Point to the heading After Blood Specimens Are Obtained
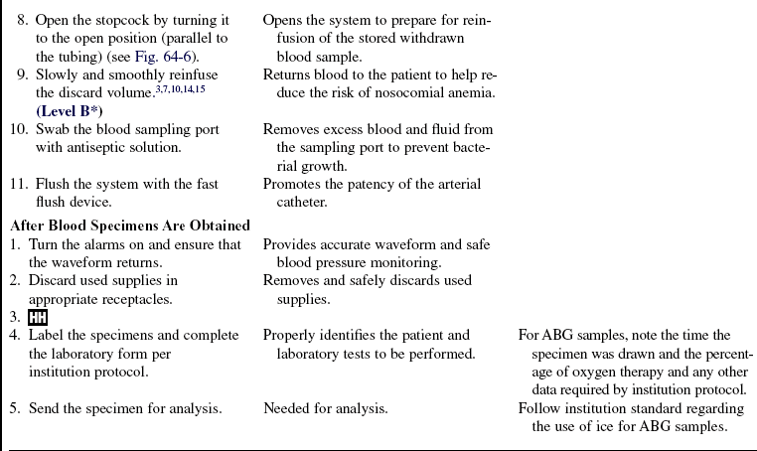(x=129, y=225)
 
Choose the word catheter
(x=303, y=202)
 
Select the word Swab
(x=47, y=130)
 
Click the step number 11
(x=17, y=184)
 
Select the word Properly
(x=294, y=336)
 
